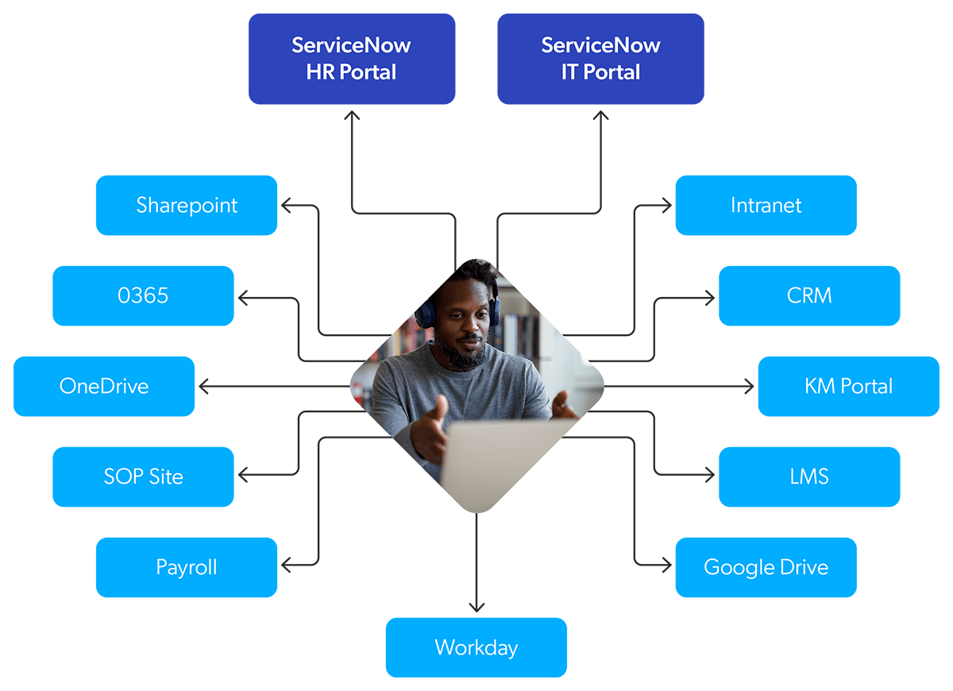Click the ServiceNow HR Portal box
(x=352, y=59)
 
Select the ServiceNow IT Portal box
(x=600, y=59)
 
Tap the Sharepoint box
(x=187, y=205)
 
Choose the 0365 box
(x=143, y=295)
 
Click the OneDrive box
(x=104, y=386)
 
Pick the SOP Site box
(x=143, y=477)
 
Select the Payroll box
(x=187, y=567)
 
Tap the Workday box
(x=476, y=647)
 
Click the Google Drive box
(x=766, y=567)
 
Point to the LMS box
(x=809, y=477)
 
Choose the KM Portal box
(x=848, y=386)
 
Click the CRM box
(x=809, y=295)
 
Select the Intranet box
(x=766, y=205)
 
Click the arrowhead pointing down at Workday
(x=476, y=608)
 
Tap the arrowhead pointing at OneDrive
(x=203, y=386)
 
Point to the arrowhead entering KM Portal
(x=749, y=386)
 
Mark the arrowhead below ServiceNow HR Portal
(x=352, y=114)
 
